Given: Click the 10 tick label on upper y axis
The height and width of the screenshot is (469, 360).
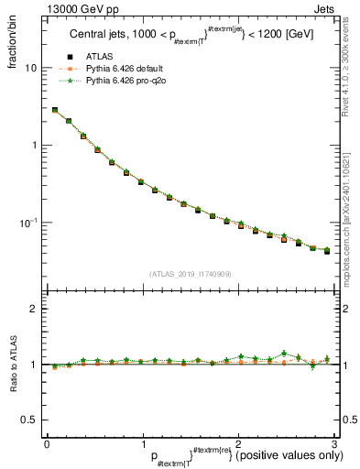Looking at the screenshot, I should [x=31, y=68].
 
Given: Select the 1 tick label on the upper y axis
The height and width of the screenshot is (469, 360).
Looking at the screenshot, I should [x=34, y=145].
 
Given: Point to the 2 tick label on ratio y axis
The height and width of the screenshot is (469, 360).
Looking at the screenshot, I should [x=34, y=310].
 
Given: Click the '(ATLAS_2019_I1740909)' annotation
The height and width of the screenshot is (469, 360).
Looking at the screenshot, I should [x=190, y=273].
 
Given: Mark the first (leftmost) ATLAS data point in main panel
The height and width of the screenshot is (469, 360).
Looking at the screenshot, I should [x=55, y=110].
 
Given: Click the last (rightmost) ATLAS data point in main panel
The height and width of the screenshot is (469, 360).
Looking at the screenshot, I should [x=326, y=251].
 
